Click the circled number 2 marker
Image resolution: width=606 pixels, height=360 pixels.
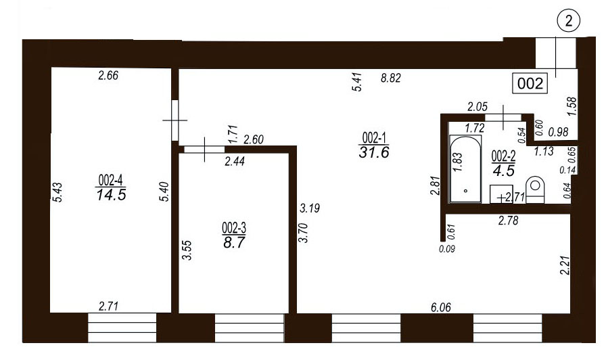coord(569,21)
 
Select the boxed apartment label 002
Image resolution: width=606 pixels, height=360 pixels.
coord(530,83)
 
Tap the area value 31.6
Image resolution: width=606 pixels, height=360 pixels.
coord(374,152)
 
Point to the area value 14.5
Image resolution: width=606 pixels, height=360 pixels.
coord(112,194)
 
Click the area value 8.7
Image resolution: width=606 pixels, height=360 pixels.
coord(234,242)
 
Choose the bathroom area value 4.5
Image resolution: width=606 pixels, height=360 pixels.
coord(504,171)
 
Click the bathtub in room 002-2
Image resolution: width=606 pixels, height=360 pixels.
coord(465,168)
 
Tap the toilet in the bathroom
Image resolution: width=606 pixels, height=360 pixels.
coord(535,189)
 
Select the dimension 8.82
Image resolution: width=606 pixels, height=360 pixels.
coord(391,78)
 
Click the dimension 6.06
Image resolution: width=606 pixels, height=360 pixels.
coord(441,308)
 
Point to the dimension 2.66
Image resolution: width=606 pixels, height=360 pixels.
coord(108,75)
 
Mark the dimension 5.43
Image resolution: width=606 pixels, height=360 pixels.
coord(57,192)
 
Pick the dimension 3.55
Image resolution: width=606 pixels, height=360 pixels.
coord(187,250)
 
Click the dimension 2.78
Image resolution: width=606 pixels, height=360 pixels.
coord(508,221)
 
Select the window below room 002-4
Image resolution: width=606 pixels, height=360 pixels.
coord(122,328)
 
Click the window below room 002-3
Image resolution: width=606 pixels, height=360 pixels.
coord(250,328)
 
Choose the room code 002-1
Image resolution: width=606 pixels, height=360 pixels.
coord(374,137)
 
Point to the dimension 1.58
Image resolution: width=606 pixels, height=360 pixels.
coord(572,106)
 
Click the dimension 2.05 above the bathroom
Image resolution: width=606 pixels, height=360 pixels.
coord(477,107)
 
